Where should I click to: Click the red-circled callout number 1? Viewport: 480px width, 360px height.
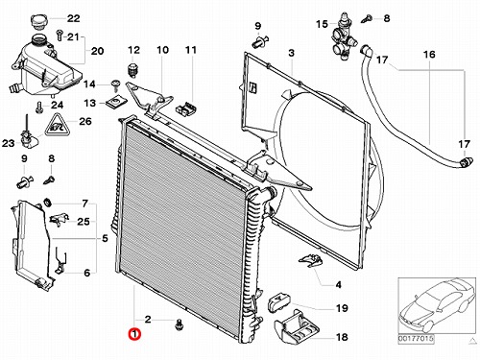pyautogui.click(x=134, y=334)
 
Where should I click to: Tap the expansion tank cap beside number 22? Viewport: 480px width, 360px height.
pyautogui.click(x=40, y=21)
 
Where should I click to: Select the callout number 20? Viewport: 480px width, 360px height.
pyautogui.click(x=97, y=51)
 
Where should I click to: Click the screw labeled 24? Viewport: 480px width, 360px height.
pyautogui.click(x=39, y=108)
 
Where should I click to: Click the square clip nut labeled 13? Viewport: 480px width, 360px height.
pyautogui.click(x=112, y=103)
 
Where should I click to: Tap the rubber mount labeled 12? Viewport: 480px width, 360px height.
pyautogui.click(x=132, y=70)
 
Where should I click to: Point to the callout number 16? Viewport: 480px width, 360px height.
pyautogui.click(x=429, y=55)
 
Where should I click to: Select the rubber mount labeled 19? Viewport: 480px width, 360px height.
pyautogui.click(x=279, y=302)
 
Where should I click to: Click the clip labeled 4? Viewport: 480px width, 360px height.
pyautogui.click(x=310, y=259)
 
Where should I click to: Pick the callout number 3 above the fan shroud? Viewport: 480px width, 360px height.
pyautogui.click(x=291, y=53)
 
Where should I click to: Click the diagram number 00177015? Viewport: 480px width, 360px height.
pyautogui.click(x=416, y=338)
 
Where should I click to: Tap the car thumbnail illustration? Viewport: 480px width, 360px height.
pyautogui.click(x=437, y=305)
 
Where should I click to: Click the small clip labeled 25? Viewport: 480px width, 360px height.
pyautogui.click(x=60, y=219)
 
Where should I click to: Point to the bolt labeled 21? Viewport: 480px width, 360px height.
pyautogui.click(x=59, y=36)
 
